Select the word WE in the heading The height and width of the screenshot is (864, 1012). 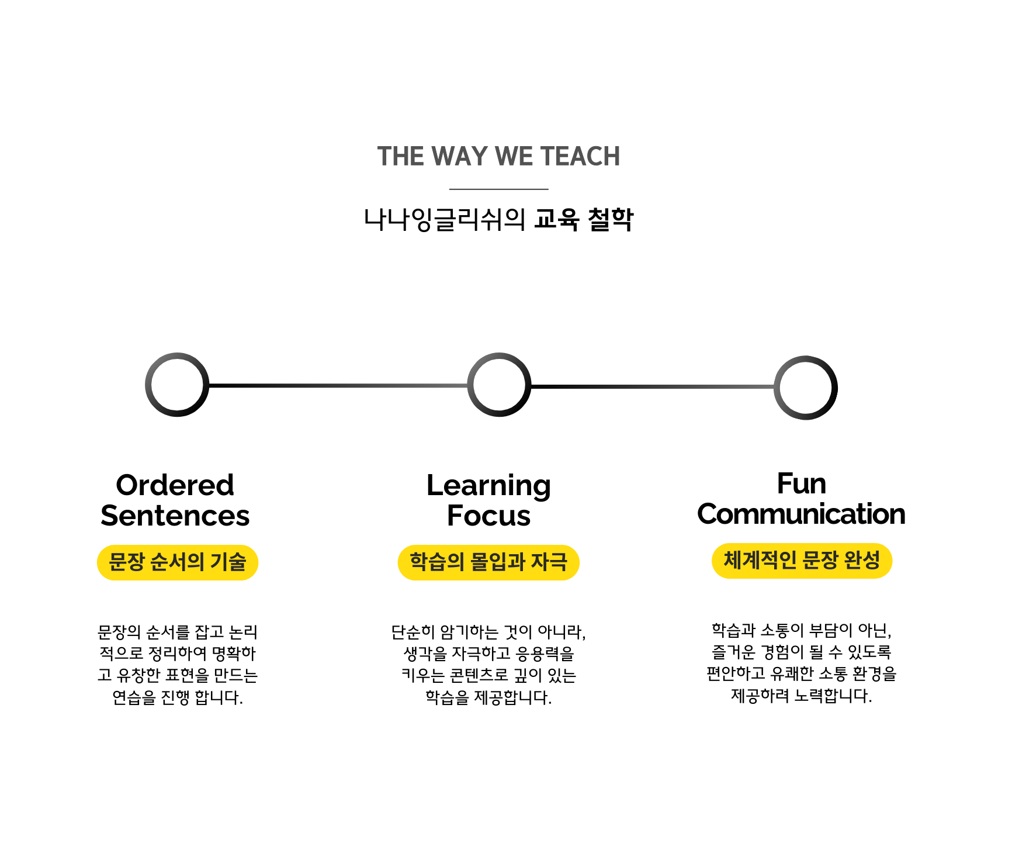pos(514,157)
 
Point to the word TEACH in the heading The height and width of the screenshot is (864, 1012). pos(580,157)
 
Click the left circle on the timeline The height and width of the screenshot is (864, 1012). pos(177,385)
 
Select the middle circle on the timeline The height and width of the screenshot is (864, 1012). pos(499,385)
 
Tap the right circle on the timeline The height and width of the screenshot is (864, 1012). pos(805,387)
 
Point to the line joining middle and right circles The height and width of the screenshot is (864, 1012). pos(652,387)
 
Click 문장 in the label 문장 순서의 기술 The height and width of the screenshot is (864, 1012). pos(127,562)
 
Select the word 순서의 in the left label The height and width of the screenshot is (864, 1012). pos(177,562)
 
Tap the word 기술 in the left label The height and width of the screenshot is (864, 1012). pos(228,562)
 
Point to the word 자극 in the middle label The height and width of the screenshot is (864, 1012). pos(549,562)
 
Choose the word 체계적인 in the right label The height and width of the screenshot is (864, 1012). pos(760,561)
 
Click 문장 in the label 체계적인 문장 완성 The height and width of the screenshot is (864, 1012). pos(820,561)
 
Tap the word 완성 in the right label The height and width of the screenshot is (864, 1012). pos(862,561)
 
